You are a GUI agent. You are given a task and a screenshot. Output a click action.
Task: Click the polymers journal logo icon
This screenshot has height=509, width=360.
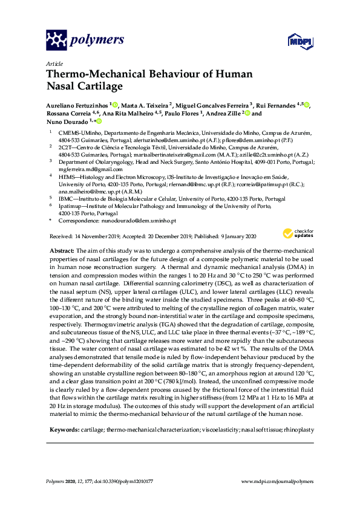(x=57, y=40)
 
